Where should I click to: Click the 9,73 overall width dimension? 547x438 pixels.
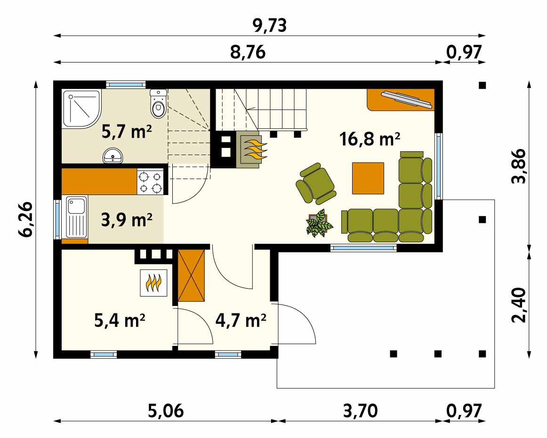coord(270,25)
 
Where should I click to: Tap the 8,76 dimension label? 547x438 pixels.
coord(248,52)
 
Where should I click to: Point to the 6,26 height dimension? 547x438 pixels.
coord(26,219)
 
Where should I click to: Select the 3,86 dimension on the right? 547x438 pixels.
coord(519,166)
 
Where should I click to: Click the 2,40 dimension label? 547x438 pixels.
coord(519,305)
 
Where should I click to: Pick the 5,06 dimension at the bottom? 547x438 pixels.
coord(166,411)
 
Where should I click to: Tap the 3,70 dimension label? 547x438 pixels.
coord(361,411)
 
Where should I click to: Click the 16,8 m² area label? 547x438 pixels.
coord(370,139)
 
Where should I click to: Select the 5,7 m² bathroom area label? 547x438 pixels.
coord(127,132)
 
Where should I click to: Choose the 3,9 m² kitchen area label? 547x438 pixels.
coord(127,219)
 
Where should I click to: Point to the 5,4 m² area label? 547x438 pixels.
coord(120,321)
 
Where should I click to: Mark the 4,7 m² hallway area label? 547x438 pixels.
coord(241,321)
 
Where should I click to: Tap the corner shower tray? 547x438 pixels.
coord(82,109)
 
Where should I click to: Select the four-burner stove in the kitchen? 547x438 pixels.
coord(150,182)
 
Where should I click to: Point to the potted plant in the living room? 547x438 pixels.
coord(319,223)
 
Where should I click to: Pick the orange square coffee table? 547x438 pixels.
coord(368,178)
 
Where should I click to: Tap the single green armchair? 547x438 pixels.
coord(316,183)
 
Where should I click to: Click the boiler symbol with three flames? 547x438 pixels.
coord(153,283)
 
